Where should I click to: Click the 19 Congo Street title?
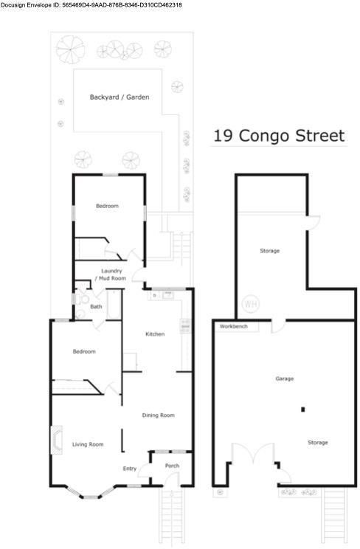click(x=279, y=136)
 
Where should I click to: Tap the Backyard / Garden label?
click(x=120, y=97)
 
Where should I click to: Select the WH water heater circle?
click(x=251, y=304)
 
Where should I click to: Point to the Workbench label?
click(x=234, y=326)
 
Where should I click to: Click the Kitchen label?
click(x=155, y=334)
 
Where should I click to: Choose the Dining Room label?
click(x=159, y=415)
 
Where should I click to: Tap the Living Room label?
click(x=88, y=444)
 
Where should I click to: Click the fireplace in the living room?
click(x=57, y=440)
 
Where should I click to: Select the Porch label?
click(x=172, y=466)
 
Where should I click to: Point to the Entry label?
click(x=130, y=469)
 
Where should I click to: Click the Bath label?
click(x=96, y=306)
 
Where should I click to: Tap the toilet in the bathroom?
click(x=83, y=300)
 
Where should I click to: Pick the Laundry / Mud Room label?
click(x=111, y=274)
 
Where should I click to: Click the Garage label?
click(x=284, y=379)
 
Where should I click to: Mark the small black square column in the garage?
click(x=303, y=410)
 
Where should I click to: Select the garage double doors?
click(x=253, y=453)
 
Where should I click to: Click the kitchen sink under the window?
click(x=168, y=295)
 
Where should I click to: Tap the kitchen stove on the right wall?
click(x=185, y=326)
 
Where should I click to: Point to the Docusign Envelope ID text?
click(x=91, y=5)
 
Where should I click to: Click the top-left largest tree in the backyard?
click(x=70, y=49)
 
